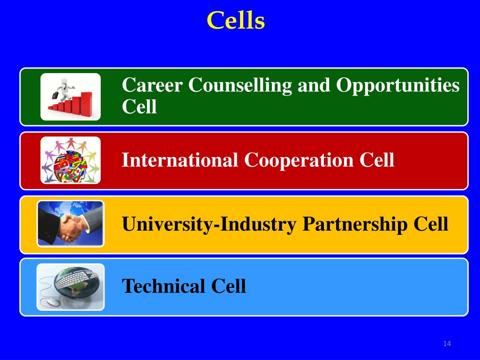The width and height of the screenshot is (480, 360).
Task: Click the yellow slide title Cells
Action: pos(236,21)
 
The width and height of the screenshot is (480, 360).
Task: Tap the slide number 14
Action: pos(446,345)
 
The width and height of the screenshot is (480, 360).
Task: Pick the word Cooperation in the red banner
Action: pos(298,160)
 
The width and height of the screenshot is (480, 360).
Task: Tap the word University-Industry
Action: pos(209,224)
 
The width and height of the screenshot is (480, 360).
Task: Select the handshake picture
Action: pos(70,224)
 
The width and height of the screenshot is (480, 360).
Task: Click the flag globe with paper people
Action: pos(70,160)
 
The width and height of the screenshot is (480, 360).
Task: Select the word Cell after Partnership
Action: pos(431,224)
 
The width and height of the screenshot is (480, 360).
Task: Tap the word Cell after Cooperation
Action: pos(377,160)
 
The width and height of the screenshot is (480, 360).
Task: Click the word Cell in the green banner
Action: pos(139,107)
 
